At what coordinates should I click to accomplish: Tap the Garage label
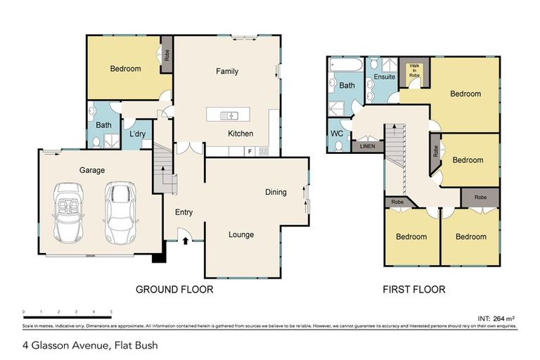coord(91,170)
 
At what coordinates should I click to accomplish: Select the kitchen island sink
coord(230,115)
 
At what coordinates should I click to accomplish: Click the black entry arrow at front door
coord(186,241)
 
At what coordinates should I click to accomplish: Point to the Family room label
coord(227,71)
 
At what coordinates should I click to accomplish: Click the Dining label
coord(276,192)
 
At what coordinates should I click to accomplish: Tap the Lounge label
coord(241,235)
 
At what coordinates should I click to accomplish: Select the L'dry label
coord(137,134)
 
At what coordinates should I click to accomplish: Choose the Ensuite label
coord(385,76)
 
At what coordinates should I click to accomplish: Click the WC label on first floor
coord(336,132)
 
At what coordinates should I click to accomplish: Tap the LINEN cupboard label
coord(367,146)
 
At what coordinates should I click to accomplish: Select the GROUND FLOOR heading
coord(174,289)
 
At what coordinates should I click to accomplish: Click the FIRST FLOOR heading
coord(413,289)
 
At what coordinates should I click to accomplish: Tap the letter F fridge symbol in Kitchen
coord(250,150)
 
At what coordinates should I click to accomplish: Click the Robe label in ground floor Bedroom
coord(167,55)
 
